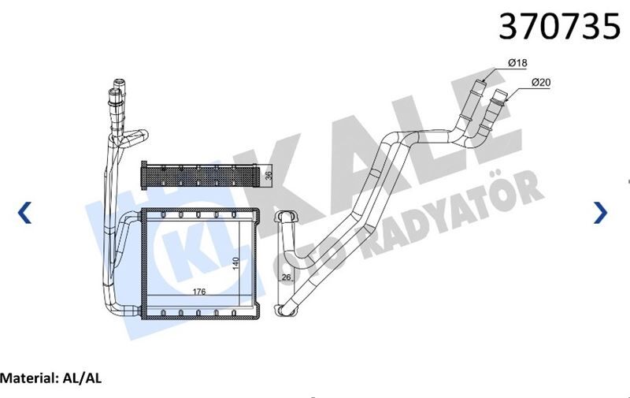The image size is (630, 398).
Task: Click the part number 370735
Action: point(560,28)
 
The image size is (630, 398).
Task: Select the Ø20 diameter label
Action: point(539,82)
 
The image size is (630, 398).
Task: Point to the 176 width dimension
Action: point(199,292)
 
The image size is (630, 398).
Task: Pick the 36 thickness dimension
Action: point(268,174)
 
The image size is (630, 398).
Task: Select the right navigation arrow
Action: point(600,212)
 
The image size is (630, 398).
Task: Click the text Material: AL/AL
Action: point(51,378)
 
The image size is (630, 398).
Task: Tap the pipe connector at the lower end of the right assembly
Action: point(281,308)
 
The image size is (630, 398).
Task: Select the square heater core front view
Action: point(199,263)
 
